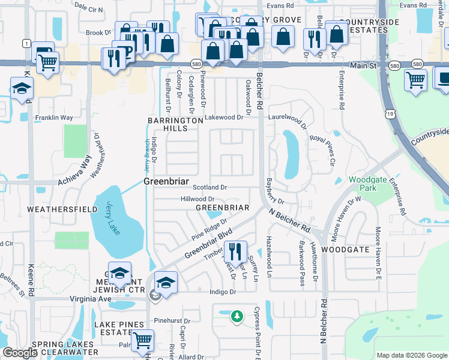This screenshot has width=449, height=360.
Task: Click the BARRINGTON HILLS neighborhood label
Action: pos(175,124)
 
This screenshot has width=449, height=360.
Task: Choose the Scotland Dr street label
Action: pos(209,188)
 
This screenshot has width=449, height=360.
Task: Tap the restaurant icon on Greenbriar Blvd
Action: pos(235,251)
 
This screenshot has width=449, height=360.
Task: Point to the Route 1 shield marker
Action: pos(26,43)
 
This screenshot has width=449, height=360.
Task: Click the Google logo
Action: pos(20,353)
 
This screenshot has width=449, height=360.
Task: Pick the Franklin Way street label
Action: pos(53,118)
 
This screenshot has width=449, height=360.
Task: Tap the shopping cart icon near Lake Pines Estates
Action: pos(142,340)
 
